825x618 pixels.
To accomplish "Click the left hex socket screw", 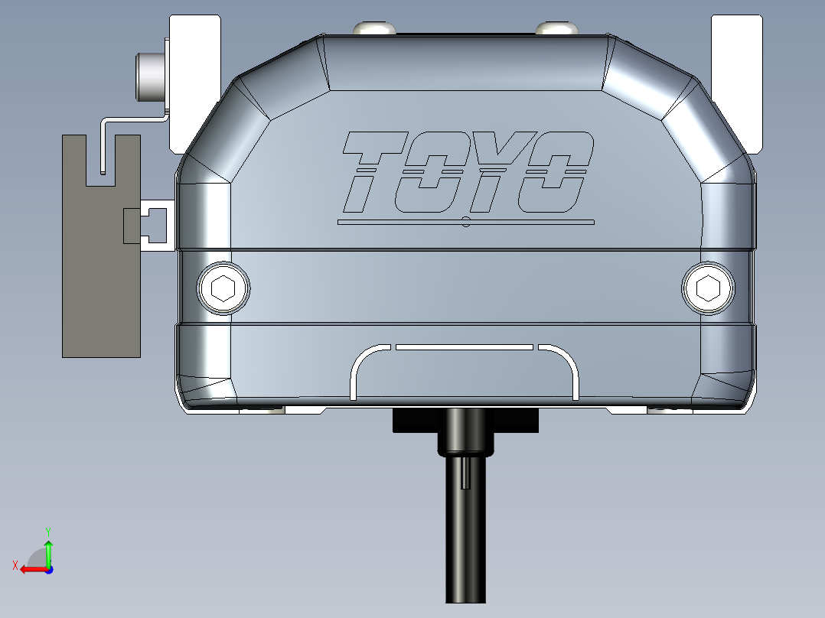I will pyautogui.click(x=223, y=288).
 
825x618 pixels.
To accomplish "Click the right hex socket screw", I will pyautogui.click(x=708, y=288).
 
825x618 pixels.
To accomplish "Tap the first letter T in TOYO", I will pyautogui.click(x=372, y=171).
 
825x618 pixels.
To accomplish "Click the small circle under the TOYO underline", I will pyautogui.click(x=466, y=223).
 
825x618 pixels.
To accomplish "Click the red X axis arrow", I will pyautogui.click(x=31, y=568).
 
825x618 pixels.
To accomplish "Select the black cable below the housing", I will pyautogui.click(x=465, y=535).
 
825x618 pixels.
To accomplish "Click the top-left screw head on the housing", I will pyautogui.click(x=374, y=28).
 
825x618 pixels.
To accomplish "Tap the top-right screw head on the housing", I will pyautogui.click(x=556, y=28).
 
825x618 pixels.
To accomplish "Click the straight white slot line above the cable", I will pyautogui.click(x=464, y=346).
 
